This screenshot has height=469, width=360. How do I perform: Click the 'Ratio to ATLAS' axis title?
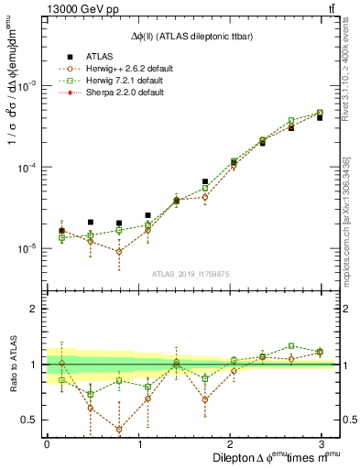tap(11, 364)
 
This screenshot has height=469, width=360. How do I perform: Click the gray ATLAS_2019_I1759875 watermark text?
tap(191, 273)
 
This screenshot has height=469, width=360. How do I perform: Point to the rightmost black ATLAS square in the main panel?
tap(320, 118)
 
